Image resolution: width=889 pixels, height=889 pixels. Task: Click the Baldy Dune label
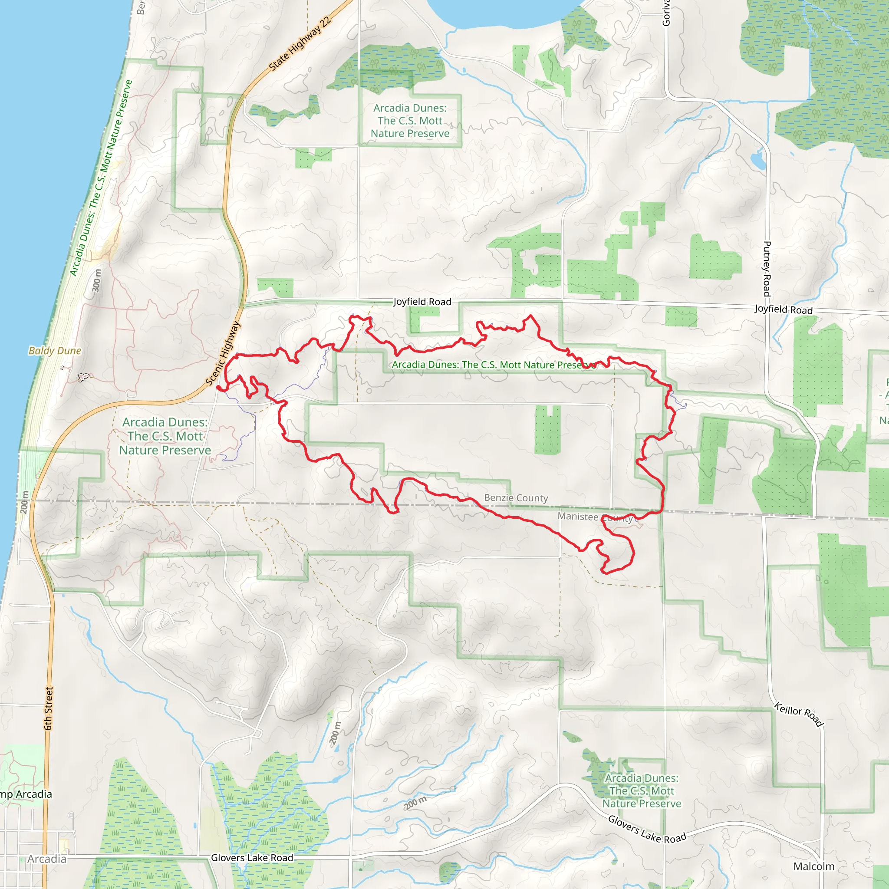click(55, 351)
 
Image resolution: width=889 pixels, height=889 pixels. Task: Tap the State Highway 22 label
click(300, 44)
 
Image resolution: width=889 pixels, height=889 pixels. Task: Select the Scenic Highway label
click(223, 353)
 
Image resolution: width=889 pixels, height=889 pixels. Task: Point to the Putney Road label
click(767, 269)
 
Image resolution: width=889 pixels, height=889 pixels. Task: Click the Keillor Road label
click(798, 714)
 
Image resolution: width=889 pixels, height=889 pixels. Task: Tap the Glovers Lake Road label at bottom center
click(252, 858)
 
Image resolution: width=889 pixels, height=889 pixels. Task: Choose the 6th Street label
click(49, 708)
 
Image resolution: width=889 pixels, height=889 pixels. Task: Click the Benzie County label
click(516, 498)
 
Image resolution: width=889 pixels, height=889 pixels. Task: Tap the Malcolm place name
click(813, 866)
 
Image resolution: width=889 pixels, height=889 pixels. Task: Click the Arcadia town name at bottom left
click(46, 859)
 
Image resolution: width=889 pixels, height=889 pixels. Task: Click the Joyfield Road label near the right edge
click(783, 310)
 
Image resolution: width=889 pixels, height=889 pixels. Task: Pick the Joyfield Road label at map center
click(422, 302)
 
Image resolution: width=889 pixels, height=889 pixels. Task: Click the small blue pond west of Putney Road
click(758, 160)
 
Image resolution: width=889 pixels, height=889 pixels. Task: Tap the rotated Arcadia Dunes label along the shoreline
click(101, 178)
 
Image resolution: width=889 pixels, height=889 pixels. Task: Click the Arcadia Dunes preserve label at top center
click(410, 121)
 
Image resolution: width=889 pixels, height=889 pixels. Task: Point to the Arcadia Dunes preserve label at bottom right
click(642, 791)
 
